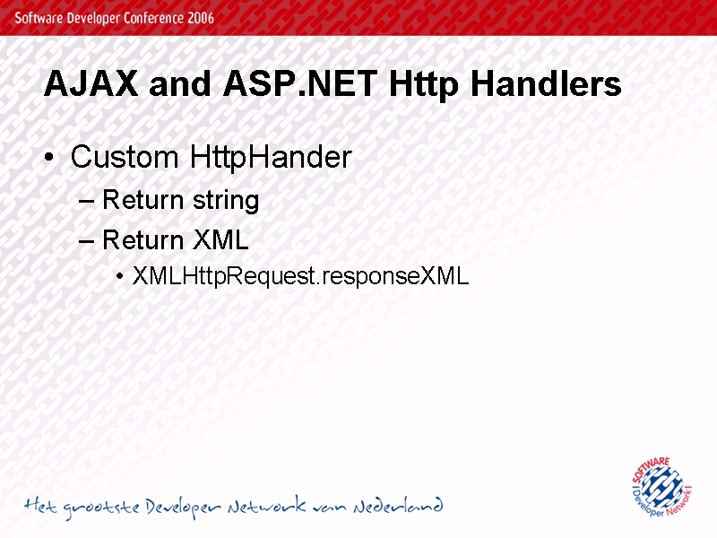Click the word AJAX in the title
pyautogui.click(x=91, y=83)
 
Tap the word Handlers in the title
pyautogui.click(x=546, y=83)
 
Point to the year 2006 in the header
pyautogui.click(x=201, y=18)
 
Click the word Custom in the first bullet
pyautogui.click(x=125, y=157)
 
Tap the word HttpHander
pyautogui.click(x=271, y=158)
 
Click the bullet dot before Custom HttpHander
pyautogui.click(x=49, y=158)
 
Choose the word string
pyautogui.click(x=226, y=201)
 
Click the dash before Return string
pyautogui.click(x=86, y=202)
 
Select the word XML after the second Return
pyautogui.click(x=220, y=239)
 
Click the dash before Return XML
pyautogui.click(x=86, y=241)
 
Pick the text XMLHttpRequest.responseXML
pyautogui.click(x=301, y=276)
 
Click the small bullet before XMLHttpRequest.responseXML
pyautogui.click(x=120, y=276)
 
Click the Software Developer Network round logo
pyautogui.click(x=661, y=486)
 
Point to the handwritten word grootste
pyautogui.click(x=100, y=508)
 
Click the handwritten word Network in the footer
pyautogui.click(x=267, y=505)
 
